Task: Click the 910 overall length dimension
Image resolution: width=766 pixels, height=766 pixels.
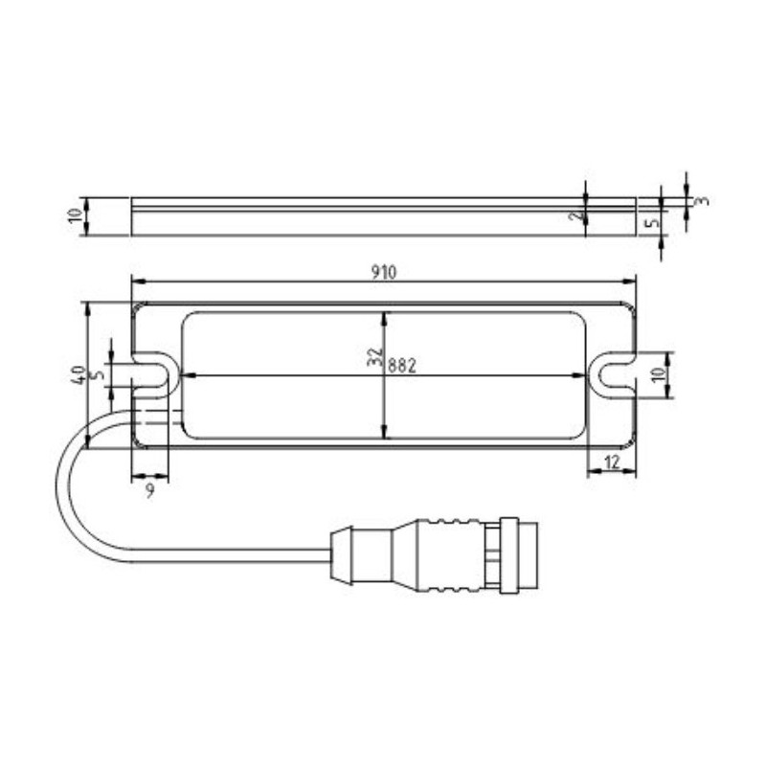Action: [383, 272]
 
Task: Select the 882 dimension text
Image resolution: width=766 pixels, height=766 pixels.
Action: [401, 364]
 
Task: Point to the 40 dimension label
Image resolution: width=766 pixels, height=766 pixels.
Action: [78, 374]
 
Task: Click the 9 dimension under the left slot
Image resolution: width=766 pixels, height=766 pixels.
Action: [149, 491]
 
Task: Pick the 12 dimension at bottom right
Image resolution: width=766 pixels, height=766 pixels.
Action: [614, 462]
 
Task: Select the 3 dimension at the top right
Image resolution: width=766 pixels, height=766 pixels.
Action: [702, 201]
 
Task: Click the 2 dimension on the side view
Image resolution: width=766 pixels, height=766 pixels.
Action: [574, 217]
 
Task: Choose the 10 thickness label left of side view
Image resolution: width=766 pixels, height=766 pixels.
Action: [77, 216]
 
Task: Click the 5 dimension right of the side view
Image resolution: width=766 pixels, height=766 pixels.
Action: [654, 223]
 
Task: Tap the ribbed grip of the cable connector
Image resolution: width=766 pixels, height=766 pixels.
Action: [450, 554]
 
